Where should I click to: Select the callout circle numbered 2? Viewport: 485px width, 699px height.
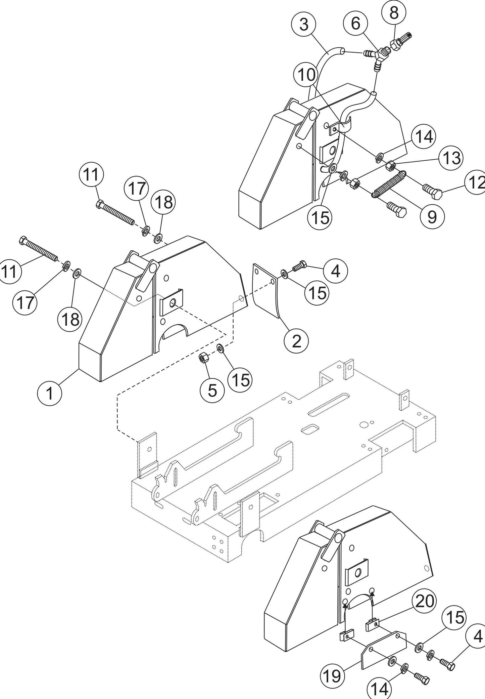click(296, 341)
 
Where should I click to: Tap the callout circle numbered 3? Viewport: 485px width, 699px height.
click(303, 25)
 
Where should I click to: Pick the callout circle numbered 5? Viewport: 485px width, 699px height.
click(212, 390)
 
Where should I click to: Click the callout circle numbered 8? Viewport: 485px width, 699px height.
click(394, 13)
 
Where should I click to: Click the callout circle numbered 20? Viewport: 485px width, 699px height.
click(425, 602)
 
